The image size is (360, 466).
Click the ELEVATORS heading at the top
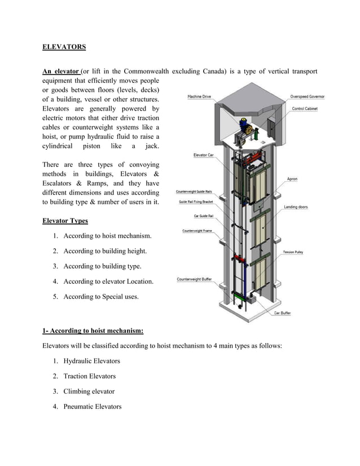[64, 47]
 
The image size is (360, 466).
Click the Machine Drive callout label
[199, 96]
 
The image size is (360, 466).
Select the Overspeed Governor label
[307, 96]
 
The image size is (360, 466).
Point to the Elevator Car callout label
[203, 155]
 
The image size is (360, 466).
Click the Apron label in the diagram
[292, 179]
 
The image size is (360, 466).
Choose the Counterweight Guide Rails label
[194, 192]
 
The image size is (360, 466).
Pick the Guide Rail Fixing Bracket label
[196, 201]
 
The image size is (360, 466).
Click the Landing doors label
[296, 207]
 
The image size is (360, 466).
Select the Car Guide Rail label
[203, 216]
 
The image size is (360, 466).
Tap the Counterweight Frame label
[197, 231]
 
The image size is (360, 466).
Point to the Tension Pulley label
[292, 252]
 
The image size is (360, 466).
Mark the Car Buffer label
[282, 313]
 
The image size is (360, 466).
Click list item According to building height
[105, 250]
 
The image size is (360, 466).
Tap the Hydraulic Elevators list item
[91, 361]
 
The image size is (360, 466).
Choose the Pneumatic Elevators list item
[92, 406]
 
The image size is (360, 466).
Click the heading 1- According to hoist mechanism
[93, 331]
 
